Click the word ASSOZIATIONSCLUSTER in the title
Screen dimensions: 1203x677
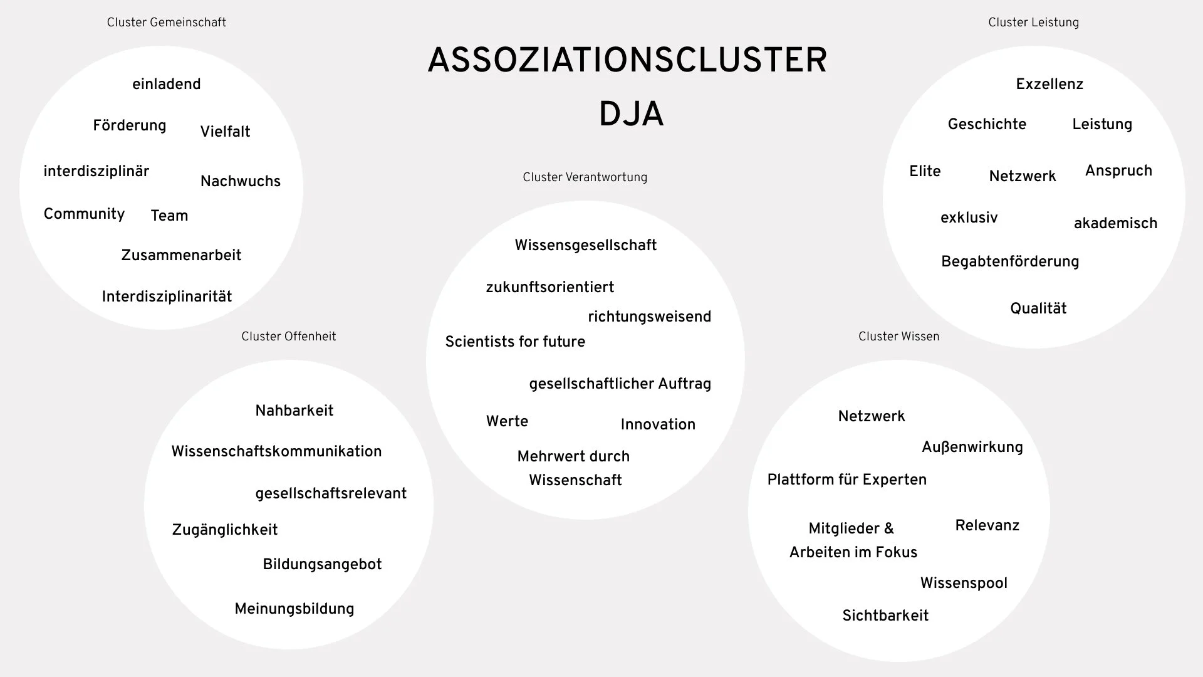(x=627, y=61)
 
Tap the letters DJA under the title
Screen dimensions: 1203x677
(x=631, y=115)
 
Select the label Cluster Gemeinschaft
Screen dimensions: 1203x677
(x=166, y=23)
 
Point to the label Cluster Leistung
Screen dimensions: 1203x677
(x=1033, y=23)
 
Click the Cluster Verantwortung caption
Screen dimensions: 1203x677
(x=585, y=177)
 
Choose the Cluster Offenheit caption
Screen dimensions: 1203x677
(x=288, y=337)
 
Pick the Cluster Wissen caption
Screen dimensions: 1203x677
(x=898, y=337)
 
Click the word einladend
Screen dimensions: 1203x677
(x=166, y=84)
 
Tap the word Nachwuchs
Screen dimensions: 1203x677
(x=240, y=182)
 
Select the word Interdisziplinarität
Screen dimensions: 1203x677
(x=167, y=297)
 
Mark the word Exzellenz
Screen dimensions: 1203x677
(x=1049, y=84)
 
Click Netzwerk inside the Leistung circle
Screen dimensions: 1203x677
(x=1022, y=177)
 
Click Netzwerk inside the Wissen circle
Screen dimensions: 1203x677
(x=871, y=416)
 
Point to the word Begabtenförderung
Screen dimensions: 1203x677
(x=1009, y=262)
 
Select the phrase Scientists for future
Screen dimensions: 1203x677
(x=515, y=342)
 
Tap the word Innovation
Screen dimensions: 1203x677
(x=657, y=424)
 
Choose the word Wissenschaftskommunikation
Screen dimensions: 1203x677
(x=276, y=451)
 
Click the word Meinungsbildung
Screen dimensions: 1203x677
(x=294, y=609)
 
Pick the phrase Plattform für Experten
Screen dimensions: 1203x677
(x=846, y=480)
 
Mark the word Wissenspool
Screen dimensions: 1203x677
(x=963, y=583)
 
